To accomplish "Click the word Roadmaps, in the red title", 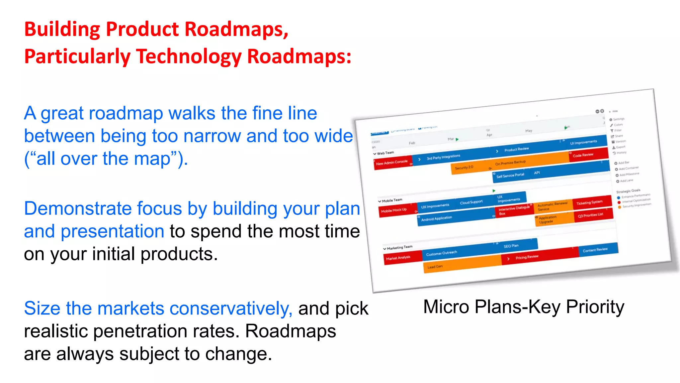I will click(236, 29).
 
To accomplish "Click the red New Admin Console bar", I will click(392, 163).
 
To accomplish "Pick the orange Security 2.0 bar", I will click(465, 168).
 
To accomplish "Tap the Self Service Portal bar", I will click(510, 176).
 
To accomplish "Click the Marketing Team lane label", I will click(399, 248).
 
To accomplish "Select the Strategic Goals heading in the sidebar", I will click(628, 191).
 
